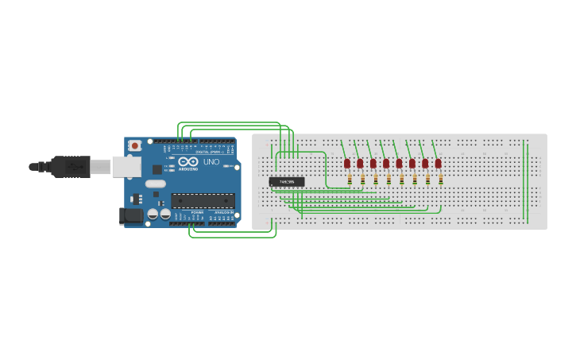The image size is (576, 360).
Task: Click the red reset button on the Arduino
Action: point(135,145)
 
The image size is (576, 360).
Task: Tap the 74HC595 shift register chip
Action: point(286,182)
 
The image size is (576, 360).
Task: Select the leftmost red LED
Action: point(347,163)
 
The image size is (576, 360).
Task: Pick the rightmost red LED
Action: point(438,163)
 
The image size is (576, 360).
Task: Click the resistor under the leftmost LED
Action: point(350,180)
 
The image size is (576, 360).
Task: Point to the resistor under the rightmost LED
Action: point(440,180)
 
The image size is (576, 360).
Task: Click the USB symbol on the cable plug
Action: point(75,167)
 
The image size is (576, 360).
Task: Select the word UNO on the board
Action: point(211,162)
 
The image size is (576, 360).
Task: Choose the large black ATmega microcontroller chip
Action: point(203,200)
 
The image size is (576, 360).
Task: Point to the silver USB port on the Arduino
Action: point(126,166)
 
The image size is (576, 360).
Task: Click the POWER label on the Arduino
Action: point(196,213)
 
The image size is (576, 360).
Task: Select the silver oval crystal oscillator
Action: point(155,184)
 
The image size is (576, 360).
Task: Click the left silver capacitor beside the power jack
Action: point(152,214)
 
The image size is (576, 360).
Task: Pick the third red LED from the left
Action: point(373,163)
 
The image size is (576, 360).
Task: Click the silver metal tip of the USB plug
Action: point(100,167)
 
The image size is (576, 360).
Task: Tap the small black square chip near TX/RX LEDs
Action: point(157,168)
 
